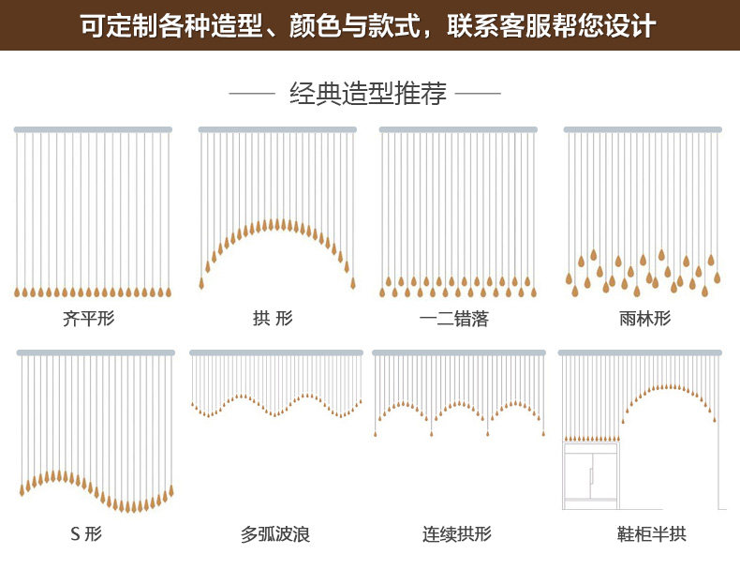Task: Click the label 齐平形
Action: [x=88, y=319]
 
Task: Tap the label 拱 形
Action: [x=273, y=319]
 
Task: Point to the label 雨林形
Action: [x=645, y=319]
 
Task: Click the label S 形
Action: [x=86, y=534]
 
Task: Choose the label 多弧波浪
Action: [x=275, y=534]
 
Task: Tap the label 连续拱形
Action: [x=456, y=534]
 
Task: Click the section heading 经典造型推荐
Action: [x=368, y=94]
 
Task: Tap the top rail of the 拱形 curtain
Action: [x=277, y=129]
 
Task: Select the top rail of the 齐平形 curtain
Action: [x=93, y=129]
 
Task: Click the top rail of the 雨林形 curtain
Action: [x=643, y=129]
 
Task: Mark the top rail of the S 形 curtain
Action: [x=96, y=352]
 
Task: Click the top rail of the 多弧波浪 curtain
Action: [x=276, y=352]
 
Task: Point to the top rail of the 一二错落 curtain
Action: [x=458, y=129]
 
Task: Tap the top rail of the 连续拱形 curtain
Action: [x=459, y=352]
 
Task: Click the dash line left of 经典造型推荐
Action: [x=251, y=94]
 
